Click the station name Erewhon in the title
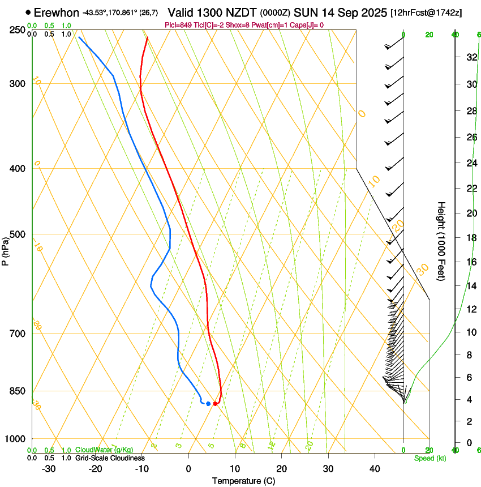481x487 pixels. click(x=57, y=12)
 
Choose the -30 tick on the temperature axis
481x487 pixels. click(x=49, y=469)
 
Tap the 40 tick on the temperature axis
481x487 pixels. click(x=375, y=469)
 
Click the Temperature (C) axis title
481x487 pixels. click(x=243, y=481)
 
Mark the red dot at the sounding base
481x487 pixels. click(x=215, y=403)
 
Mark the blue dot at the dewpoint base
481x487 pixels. click(x=208, y=403)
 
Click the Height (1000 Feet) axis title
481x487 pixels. click(x=442, y=241)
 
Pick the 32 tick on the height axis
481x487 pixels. click(x=471, y=57)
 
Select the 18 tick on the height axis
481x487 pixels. click(x=471, y=238)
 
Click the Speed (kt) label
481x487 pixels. click(x=430, y=458)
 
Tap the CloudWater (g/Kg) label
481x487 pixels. click(x=104, y=450)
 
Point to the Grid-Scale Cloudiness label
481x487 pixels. click(x=110, y=458)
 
